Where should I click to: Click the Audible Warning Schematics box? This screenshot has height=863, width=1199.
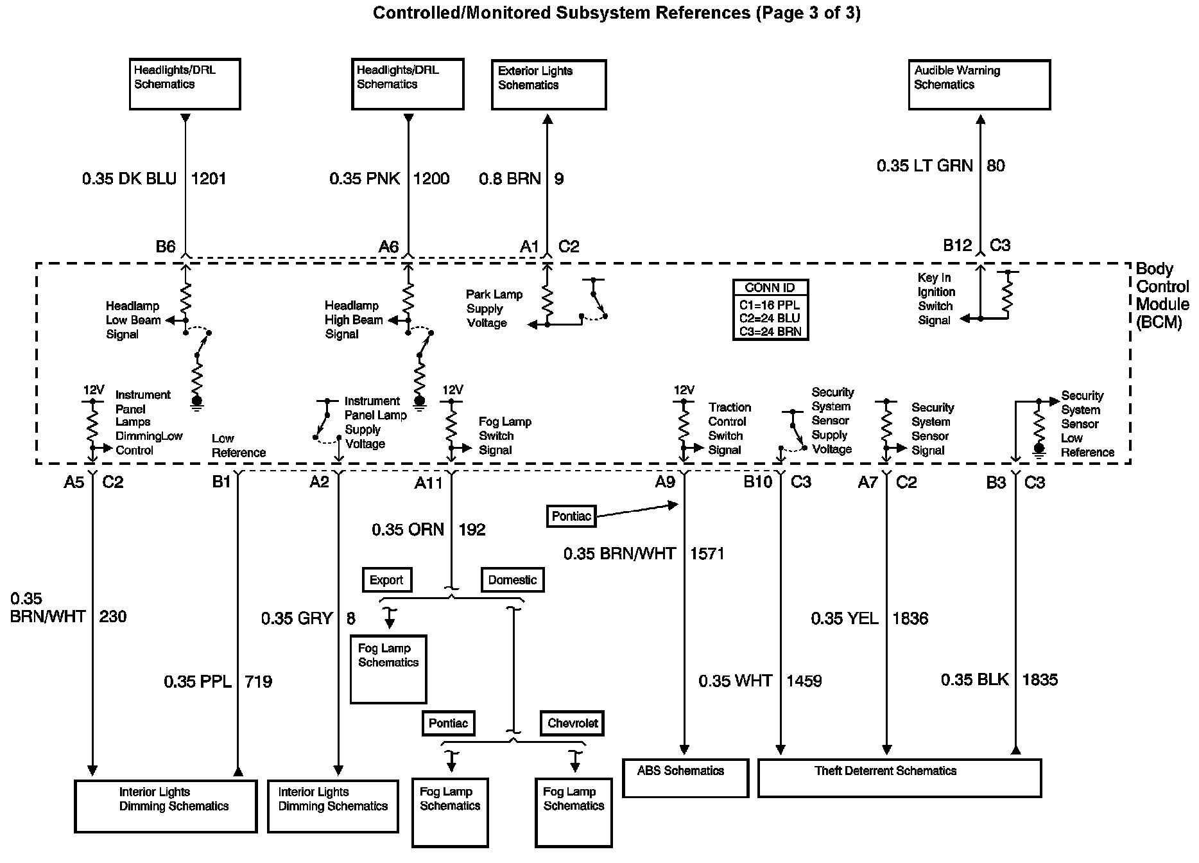click(979, 84)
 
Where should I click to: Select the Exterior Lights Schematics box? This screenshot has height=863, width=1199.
click(549, 85)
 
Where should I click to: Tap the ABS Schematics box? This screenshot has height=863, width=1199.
click(686, 778)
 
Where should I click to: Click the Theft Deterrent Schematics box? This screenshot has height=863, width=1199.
click(899, 778)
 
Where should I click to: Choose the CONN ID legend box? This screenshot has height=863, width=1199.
click(770, 309)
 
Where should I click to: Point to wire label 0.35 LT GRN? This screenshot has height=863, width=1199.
click(924, 166)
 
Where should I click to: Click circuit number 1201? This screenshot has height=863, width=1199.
click(209, 179)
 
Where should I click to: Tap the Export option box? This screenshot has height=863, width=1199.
click(386, 580)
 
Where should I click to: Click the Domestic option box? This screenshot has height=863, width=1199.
click(512, 580)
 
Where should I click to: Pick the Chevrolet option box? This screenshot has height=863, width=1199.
click(573, 723)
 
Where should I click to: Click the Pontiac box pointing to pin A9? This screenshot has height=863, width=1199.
click(571, 516)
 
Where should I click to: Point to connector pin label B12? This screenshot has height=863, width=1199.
click(957, 245)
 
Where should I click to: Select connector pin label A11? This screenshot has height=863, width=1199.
click(429, 483)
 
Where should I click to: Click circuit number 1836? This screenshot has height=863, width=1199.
click(910, 618)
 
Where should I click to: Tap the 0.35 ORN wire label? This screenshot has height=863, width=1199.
click(408, 530)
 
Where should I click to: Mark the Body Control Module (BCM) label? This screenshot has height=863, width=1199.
click(1162, 295)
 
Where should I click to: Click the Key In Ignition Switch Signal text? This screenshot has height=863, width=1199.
click(936, 299)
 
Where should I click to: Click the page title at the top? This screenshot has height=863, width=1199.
click(616, 13)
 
